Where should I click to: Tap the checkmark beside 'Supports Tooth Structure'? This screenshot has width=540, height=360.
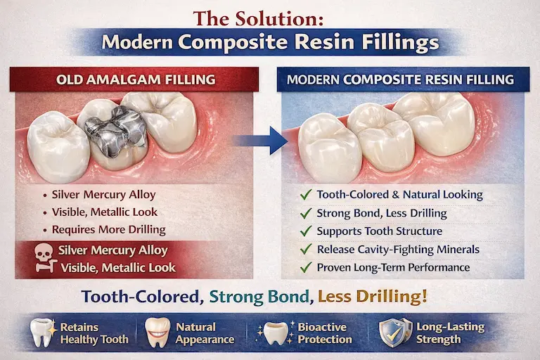tap(304, 231)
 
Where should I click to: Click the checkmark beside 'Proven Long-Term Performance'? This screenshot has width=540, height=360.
tap(304, 267)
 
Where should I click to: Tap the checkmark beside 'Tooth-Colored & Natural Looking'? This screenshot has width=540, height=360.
tap(304, 195)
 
